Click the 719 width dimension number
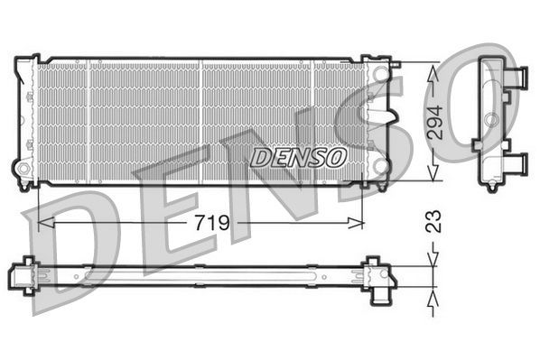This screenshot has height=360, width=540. click(x=209, y=222)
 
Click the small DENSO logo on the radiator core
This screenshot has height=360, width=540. click(x=299, y=157)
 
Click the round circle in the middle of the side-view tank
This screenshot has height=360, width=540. click(x=490, y=119)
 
